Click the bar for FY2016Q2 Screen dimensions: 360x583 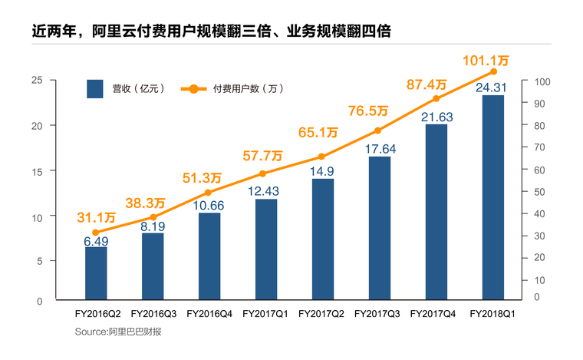[96, 272]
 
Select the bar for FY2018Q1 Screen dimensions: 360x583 [492, 197]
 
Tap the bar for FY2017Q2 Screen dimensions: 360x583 [323, 238]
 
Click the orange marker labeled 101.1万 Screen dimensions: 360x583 [493, 71]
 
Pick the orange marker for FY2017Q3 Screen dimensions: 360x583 [378, 130]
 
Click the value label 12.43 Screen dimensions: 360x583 [266, 190]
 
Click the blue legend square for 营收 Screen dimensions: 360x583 [95, 89]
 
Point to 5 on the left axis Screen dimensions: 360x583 [39, 260]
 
